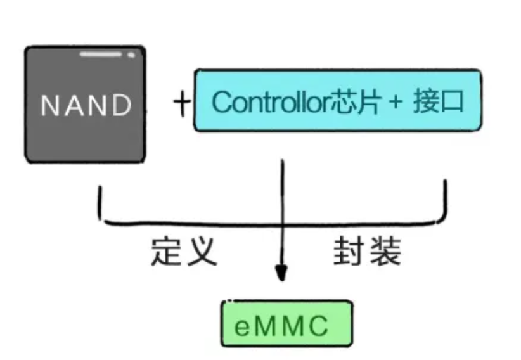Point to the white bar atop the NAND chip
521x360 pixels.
coord(101,55)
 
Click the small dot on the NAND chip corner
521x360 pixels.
coord(131,55)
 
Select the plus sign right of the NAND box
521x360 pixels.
coord(182,103)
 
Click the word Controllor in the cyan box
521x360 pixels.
coord(271,101)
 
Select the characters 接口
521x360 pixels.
coord(438,101)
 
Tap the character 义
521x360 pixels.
coord(202,252)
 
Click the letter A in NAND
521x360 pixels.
coord(72,105)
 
